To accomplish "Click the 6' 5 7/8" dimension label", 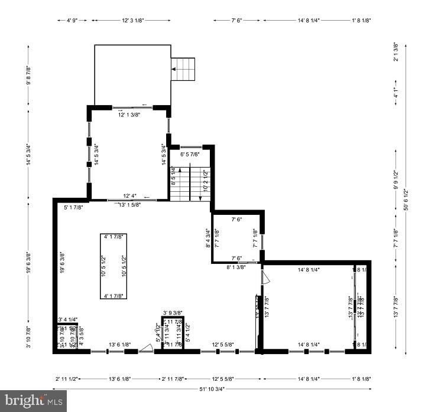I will pos(190,155).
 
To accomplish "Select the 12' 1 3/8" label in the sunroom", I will pos(129,115).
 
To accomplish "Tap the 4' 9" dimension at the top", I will pos(72,20).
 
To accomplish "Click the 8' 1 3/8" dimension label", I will pos(236,267).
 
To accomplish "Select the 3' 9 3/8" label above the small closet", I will pos(173,313).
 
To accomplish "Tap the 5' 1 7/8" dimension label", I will pos(73,207).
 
